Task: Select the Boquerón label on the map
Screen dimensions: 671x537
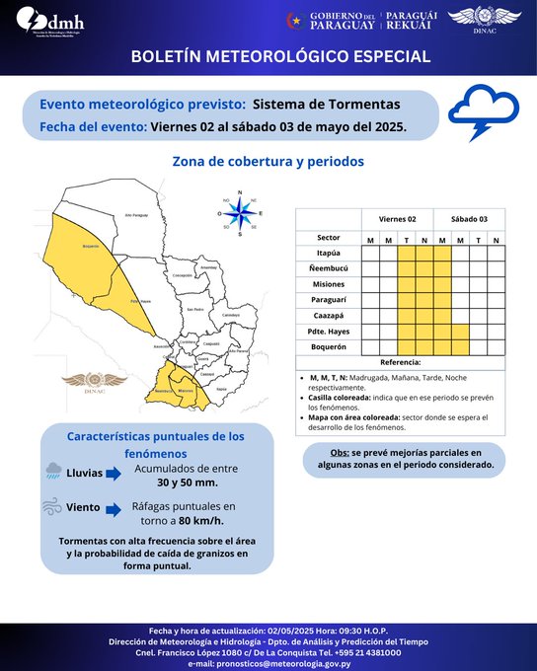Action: pos(91,247)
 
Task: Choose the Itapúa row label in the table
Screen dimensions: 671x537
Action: pos(329,253)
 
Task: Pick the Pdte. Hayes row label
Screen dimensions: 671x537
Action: pos(329,331)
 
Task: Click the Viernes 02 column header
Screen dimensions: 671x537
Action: pos(399,218)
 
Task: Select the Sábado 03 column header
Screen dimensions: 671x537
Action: pos(469,218)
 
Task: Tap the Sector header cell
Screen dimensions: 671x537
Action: pos(329,238)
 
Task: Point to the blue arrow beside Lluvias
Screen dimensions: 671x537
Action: pos(112,475)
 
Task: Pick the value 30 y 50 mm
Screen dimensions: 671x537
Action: pos(187,484)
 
